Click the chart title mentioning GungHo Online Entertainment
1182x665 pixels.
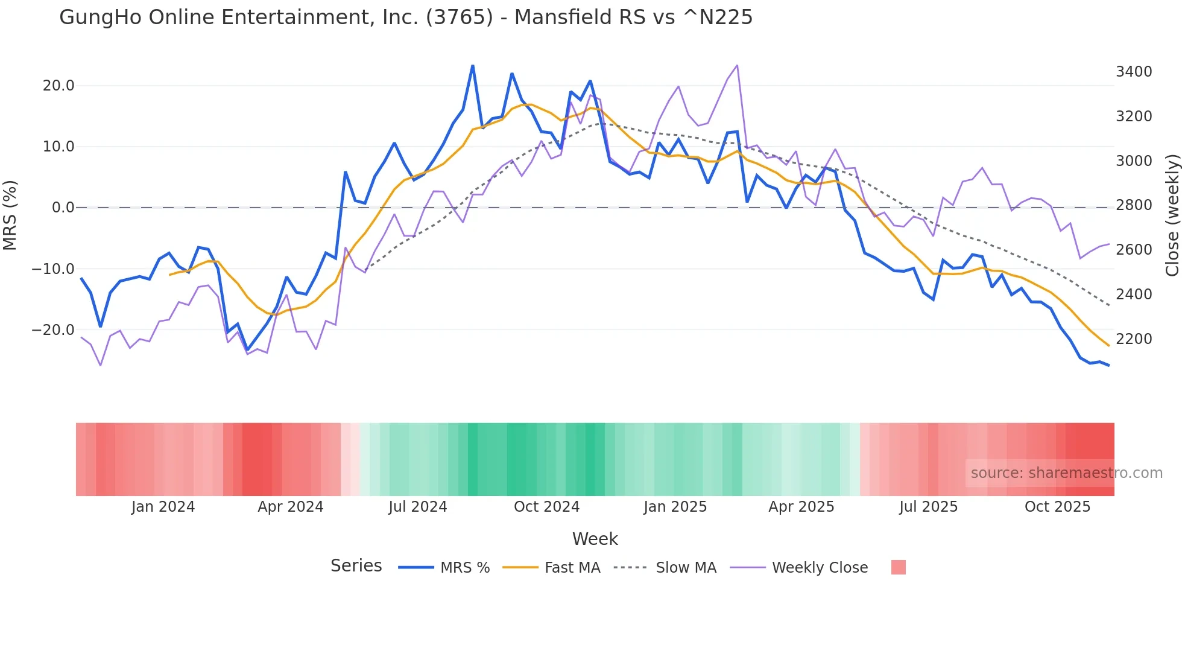406,17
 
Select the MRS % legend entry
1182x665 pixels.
464,568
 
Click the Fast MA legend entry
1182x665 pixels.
572,568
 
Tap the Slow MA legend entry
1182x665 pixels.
686,568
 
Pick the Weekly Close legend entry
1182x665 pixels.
820,568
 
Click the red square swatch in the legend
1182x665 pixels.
898,567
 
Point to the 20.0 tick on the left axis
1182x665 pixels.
58,86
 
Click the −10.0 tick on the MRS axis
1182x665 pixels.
53,269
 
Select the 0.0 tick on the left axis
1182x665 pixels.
63,208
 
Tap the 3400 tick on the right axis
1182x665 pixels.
1134,72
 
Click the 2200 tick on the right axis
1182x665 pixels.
1134,339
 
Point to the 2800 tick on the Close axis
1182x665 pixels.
1134,205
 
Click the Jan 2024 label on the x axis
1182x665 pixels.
163,507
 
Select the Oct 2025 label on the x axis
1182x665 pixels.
1057,507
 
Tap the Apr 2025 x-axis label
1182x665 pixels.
801,507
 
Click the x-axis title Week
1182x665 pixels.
595,539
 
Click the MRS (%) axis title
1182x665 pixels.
10,215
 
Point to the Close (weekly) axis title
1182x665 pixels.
1172,215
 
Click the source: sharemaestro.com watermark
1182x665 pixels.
1066,473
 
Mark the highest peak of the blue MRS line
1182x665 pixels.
473,66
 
